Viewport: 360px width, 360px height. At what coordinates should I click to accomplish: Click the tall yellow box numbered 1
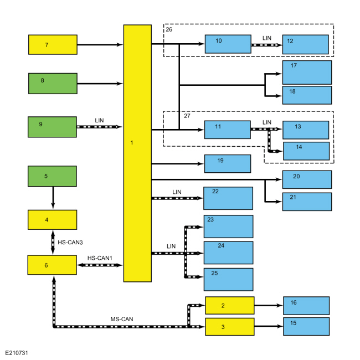coord(137,153)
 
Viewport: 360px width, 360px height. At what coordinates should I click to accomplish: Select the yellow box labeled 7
coord(53,44)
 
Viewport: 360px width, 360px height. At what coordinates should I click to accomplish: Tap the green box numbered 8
coord(53,83)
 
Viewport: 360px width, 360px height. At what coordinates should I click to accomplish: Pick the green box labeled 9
coord(53,127)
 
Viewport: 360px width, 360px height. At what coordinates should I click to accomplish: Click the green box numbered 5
coord(53,176)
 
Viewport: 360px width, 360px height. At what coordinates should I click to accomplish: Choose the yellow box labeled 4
coord(53,220)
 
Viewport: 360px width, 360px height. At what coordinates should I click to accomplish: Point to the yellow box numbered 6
coord(52,265)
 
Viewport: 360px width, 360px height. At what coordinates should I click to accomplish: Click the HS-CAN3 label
coord(70,243)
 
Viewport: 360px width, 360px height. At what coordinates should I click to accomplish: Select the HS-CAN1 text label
coord(100,258)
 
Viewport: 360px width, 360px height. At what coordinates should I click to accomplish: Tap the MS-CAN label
coord(122,319)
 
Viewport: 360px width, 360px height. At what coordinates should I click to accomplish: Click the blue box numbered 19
coord(228,163)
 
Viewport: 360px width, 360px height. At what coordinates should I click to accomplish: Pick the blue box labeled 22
coord(228,198)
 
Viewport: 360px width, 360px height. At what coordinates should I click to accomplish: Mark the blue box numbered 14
coord(306,151)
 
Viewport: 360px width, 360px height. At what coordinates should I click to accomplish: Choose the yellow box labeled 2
coord(230,305)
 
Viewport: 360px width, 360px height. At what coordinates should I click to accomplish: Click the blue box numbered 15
coord(306,326)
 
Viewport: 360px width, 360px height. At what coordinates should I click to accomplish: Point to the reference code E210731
coord(17,353)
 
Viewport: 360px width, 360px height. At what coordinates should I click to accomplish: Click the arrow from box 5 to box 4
coord(53,198)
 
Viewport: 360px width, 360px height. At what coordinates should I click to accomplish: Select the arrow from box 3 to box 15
coord(269,326)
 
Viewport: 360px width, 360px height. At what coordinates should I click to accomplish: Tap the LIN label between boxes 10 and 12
coord(267,38)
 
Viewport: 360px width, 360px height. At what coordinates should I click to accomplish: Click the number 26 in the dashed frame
coord(169,29)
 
